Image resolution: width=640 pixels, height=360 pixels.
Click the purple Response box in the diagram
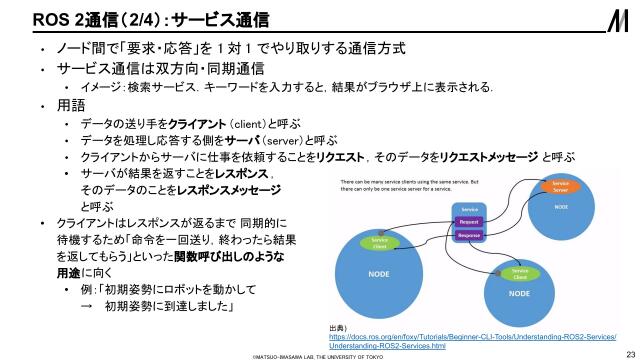pos(470,236)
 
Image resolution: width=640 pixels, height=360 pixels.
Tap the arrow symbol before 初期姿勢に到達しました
pos(87,307)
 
